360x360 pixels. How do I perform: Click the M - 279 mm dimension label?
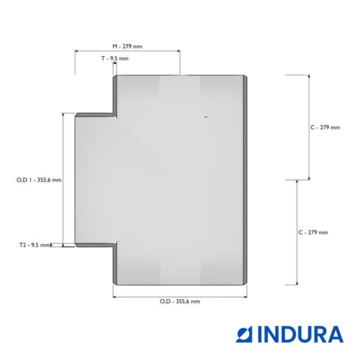128,46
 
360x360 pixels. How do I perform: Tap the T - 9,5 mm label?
115,58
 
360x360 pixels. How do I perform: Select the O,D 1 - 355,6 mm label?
39,180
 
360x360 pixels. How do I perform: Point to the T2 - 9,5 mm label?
34,245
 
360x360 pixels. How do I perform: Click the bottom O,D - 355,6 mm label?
180,301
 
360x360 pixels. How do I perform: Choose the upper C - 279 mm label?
325,128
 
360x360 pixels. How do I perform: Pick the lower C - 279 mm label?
313,232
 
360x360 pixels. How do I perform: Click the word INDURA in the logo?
300,334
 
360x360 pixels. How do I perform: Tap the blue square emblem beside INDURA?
244,334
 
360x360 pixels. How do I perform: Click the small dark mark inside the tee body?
206,117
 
